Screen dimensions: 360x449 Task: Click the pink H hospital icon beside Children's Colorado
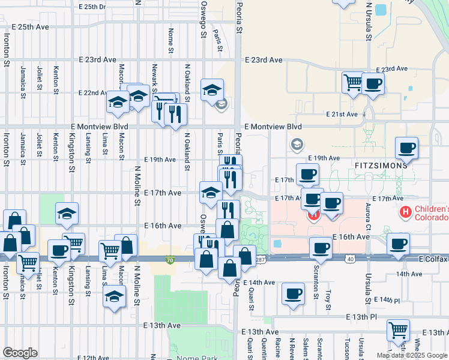point(406,212)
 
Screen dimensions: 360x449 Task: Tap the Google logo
point(20,352)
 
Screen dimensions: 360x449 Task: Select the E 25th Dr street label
point(92,7)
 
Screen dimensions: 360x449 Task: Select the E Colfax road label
point(433,262)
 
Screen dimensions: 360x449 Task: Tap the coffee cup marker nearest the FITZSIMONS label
point(406,148)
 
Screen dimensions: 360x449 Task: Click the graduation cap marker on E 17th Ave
point(211,193)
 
